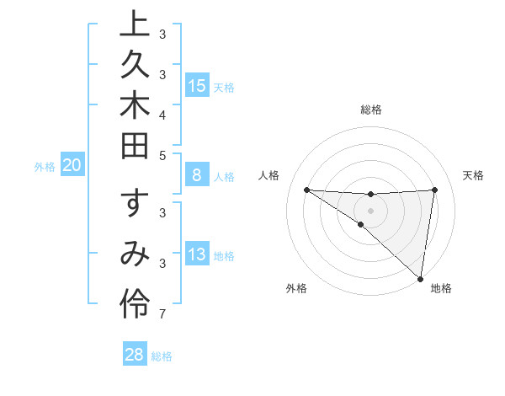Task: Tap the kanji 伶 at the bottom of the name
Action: click(136, 303)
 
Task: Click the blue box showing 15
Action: click(197, 85)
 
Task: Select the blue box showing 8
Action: click(197, 175)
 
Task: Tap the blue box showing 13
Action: click(197, 254)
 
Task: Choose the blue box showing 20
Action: click(72, 165)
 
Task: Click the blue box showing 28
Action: click(135, 355)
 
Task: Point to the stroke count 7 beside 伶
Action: click(163, 315)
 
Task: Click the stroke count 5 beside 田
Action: click(163, 154)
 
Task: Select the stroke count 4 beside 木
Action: click(163, 114)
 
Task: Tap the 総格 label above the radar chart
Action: click(371, 110)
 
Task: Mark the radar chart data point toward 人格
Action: click(306, 190)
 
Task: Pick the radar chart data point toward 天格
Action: click(434, 190)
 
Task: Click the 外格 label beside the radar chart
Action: click(296, 288)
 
